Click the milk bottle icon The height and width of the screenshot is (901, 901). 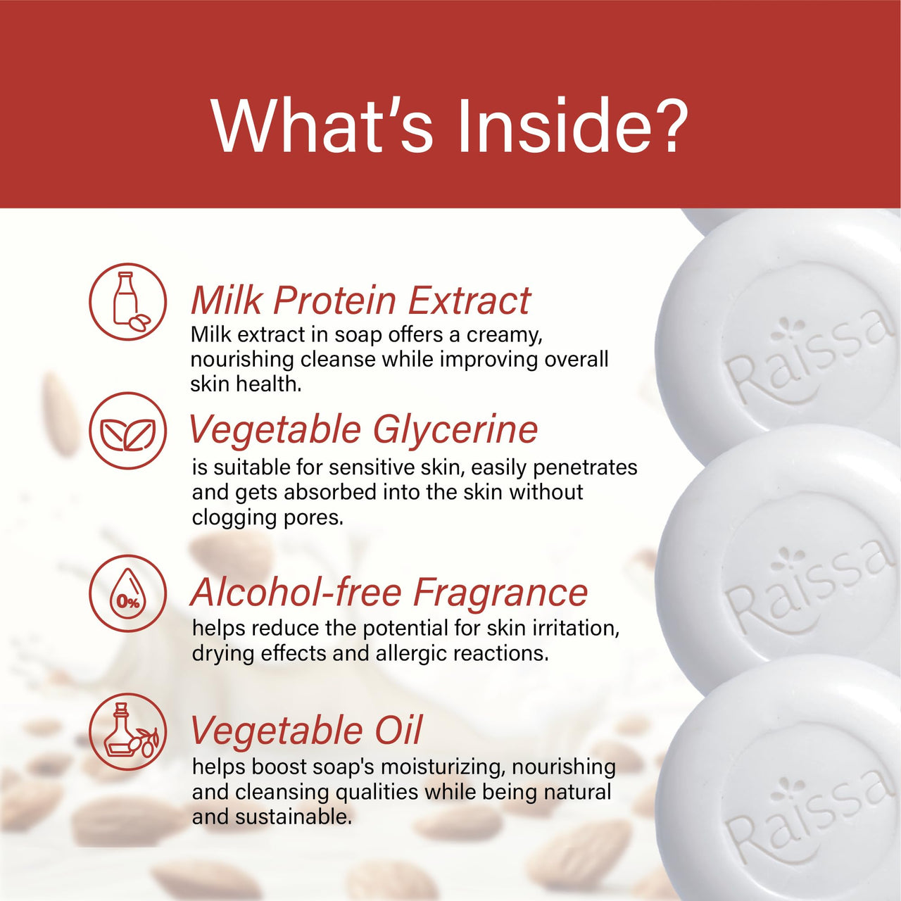coord(128,302)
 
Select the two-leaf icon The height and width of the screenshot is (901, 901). coord(128,431)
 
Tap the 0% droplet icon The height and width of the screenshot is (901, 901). coord(128,593)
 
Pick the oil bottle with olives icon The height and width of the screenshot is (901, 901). coord(128,731)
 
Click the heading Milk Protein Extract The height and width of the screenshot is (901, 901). coord(360,301)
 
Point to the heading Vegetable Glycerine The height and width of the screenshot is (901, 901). coord(363,429)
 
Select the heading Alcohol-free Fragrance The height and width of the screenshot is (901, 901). coord(389,592)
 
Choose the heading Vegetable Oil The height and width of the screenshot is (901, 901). coord(306,730)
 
